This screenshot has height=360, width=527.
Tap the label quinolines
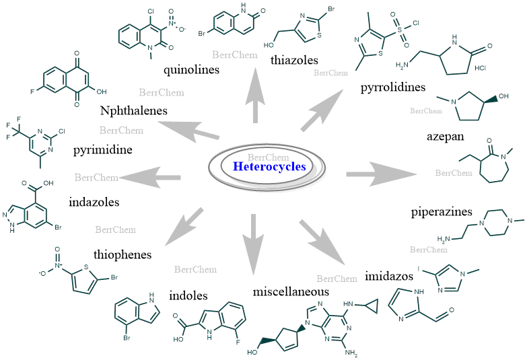pyautogui.click(x=190, y=69)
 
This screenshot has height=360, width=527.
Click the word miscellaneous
pyautogui.click(x=291, y=292)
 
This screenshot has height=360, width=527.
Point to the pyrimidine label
pyautogui.click(x=102, y=149)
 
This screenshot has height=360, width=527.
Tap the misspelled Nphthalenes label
pyautogui.click(x=135, y=110)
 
